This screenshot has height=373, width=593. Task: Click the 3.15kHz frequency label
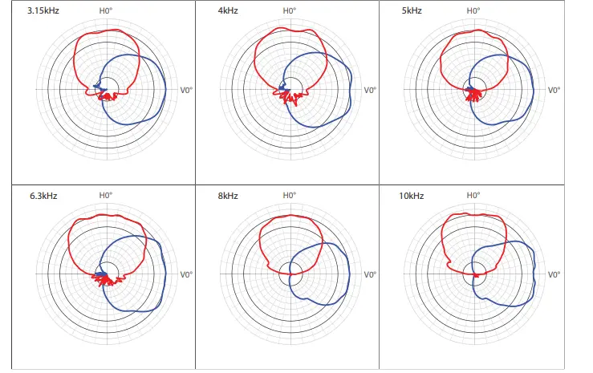click(32, 12)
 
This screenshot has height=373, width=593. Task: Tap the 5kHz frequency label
click(409, 12)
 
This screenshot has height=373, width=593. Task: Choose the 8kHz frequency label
click(226, 196)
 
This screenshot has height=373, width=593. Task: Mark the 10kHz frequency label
click(411, 196)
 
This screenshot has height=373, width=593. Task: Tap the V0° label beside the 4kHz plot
click(370, 90)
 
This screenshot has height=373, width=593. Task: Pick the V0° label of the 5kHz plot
click(554, 90)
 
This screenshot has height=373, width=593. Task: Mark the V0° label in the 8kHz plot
click(370, 274)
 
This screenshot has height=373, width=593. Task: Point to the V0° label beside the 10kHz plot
click(554, 274)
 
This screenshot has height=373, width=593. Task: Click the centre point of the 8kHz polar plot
click(291, 274)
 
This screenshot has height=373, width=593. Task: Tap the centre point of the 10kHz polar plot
click(475, 274)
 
